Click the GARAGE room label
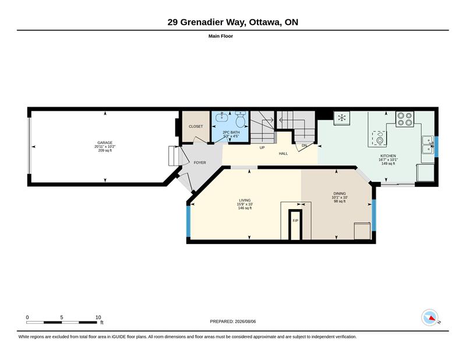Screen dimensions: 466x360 coord(105,143)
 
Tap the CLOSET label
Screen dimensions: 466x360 coord(196,126)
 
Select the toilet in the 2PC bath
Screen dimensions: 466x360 coord(241,119)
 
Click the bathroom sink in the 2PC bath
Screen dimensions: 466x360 coord(222,117)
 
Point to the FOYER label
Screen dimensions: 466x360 coord(200,163)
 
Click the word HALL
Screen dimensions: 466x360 coord(283,154)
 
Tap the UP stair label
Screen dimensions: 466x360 coord(262,147)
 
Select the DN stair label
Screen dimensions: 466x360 coord(304,146)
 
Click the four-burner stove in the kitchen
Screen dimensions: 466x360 coord(405,119)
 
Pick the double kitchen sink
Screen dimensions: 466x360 coord(428,145)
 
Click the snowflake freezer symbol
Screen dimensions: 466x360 coord(342,118)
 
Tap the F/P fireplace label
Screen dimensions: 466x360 coord(295,221)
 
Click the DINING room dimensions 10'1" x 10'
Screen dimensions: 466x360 coord(340,197)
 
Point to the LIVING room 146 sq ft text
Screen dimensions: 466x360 coord(245,208)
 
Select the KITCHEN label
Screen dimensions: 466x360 coord(388,156)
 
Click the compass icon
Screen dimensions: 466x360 coord(430,317)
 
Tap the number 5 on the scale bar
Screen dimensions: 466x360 coord(62,317)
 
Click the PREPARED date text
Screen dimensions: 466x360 coord(232,322)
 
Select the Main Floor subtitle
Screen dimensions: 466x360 coord(221,36)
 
